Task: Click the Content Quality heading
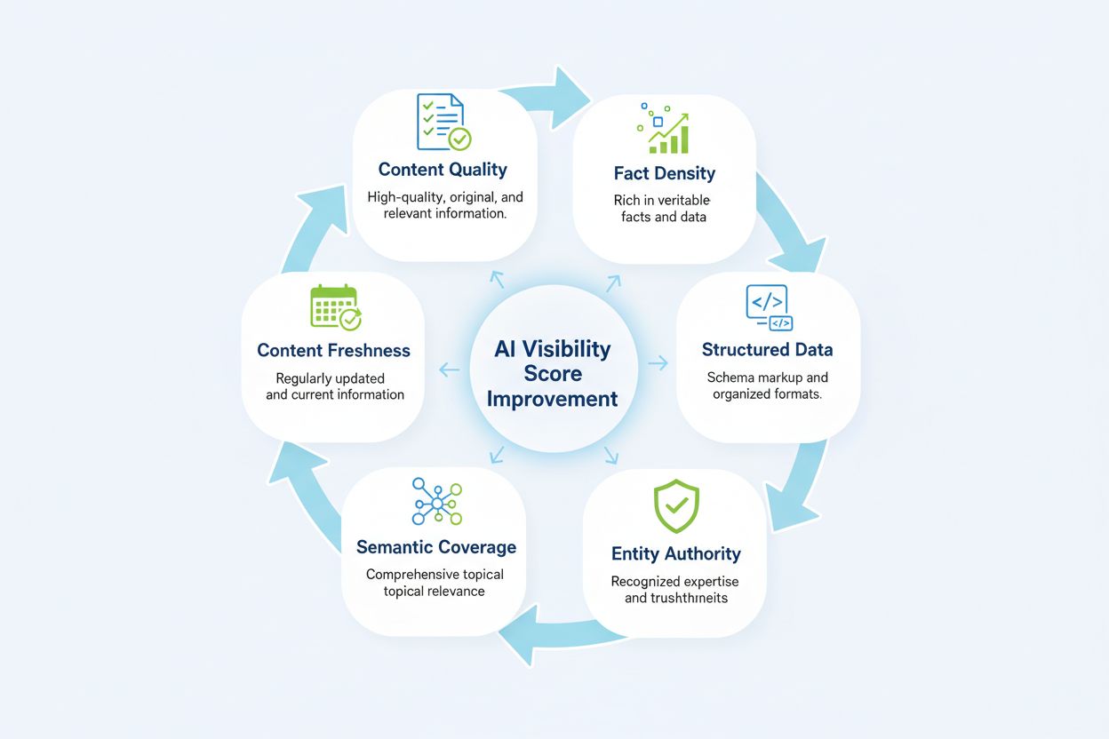coord(443,170)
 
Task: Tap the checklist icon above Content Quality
coord(443,123)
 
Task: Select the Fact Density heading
coord(664,173)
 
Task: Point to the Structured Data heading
coord(767,349)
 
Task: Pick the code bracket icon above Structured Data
coord(768,307)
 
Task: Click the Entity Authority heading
coord(675,553)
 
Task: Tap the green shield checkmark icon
coord(676,507)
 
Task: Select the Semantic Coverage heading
coord(435,547)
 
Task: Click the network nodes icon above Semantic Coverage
coord(436,502)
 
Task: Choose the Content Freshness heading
coord(333,350)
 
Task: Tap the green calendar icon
coord(335,307)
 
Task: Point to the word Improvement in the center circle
coord(552,399)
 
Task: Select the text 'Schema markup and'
coord(767,377)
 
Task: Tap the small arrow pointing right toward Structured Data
coord(658,362)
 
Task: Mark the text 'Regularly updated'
coord(330,378)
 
